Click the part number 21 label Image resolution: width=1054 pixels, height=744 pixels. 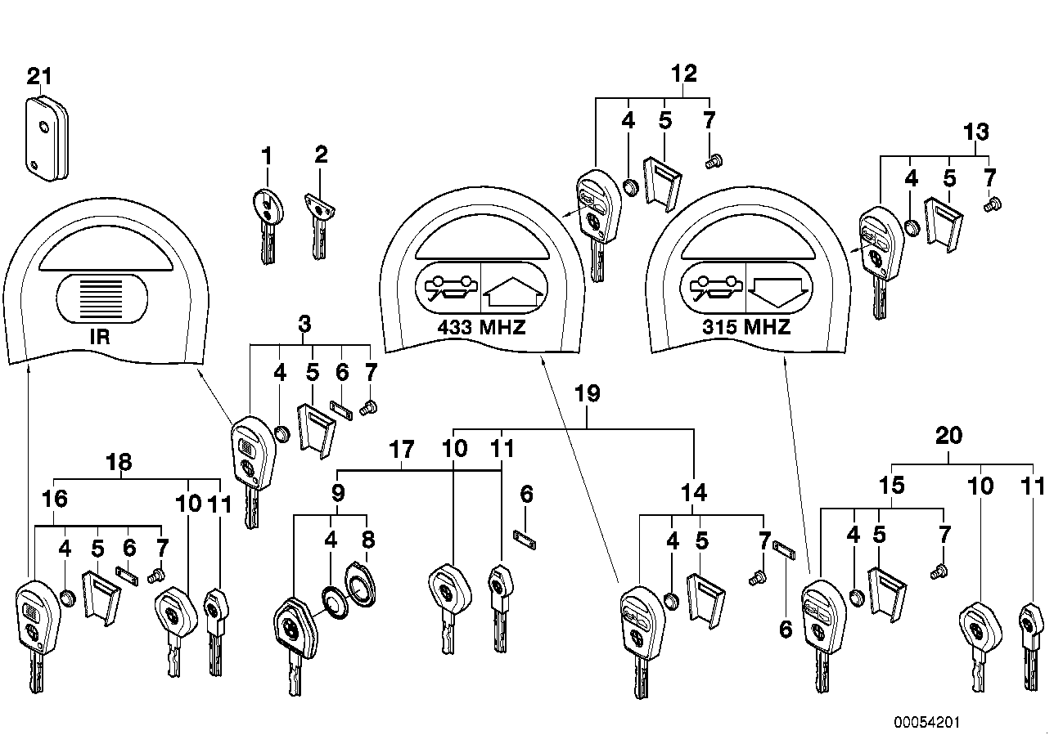click(x=39, y=77)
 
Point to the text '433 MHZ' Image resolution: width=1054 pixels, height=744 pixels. click(x=480, y=328)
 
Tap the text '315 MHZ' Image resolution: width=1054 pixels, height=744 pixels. click(x=746, y=328)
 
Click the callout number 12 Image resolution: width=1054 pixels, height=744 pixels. click(x=684, y=74)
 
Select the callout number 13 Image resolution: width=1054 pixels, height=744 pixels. click(x=976, y=132)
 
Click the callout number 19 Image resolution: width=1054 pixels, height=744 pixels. click(x=588, y=394)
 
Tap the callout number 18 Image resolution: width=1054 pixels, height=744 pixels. click(x=119, y=462)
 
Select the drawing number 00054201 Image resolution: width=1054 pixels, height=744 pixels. click(x=926, y=723)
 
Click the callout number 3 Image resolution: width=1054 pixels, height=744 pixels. click(x=305, y=324)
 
